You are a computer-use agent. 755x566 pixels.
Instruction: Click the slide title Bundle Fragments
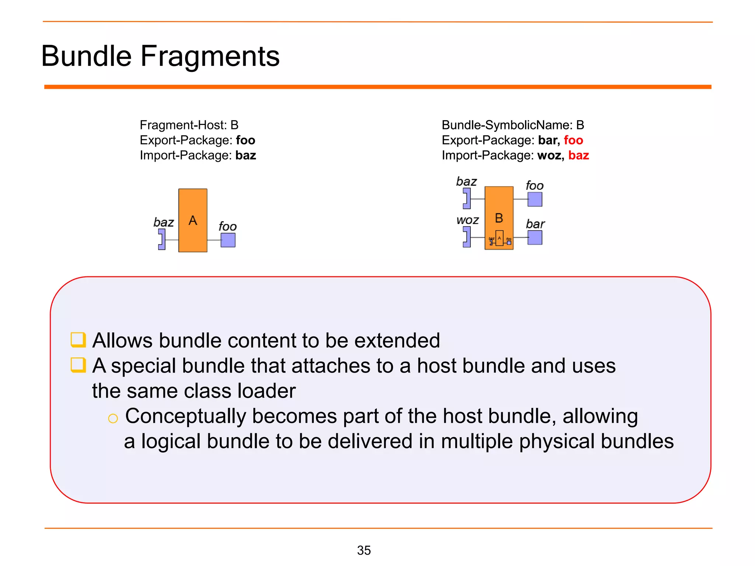tap(160, 56)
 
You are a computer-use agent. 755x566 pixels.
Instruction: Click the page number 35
tap(363, 550)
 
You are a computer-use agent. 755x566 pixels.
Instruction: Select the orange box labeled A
tap(193, 220)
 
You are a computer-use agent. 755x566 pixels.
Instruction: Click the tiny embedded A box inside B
tap(500, 238)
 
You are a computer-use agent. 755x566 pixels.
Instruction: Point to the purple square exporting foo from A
tap(228, 240)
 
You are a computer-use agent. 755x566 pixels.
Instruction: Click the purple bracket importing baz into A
tap(162, 240)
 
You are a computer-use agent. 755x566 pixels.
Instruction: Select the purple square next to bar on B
tap(535, 238)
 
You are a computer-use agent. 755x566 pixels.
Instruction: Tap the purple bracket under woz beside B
tap(467, 237)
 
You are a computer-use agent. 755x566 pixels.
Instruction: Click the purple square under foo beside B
tap(535, 199)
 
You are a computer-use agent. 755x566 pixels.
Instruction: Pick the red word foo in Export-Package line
tap(573, 140)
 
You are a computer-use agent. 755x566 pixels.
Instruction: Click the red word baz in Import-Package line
tap(578, 156)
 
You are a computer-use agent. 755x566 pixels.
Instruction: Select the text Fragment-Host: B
tap(189, 125)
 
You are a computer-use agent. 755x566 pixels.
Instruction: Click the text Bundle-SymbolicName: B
tap(512, 125)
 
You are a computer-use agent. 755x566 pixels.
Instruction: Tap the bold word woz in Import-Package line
tap(549, 156)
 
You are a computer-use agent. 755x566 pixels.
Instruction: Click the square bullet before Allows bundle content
tap(78, 340)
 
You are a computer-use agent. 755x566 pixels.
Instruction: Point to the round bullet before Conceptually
tap(113, 418)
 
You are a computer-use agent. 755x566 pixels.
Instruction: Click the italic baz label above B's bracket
tap(466, 181)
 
